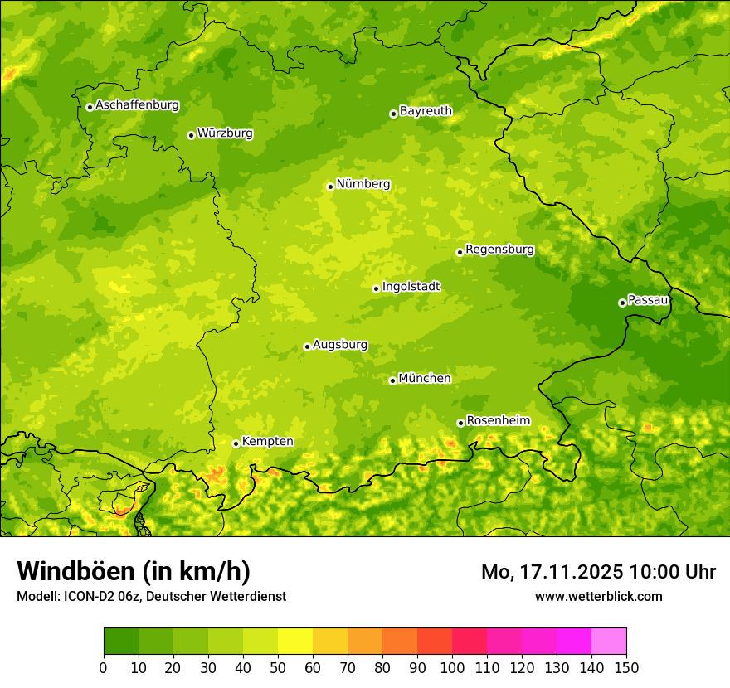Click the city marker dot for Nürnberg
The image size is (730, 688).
click(330, 187)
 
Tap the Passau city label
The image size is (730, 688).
click(648, 300)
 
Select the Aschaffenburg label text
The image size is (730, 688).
click(137, 105)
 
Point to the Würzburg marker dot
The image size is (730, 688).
click(191, 135)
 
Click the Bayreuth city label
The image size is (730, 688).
click(426, 111)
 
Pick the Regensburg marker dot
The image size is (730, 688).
click(460, 252)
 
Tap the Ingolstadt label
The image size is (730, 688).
click(411, 287)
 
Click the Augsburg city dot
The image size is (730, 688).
click(307, 346)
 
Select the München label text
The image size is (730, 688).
click(425, 379)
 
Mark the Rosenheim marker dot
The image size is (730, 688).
click(460, 423)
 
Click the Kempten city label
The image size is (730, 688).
click(267, 442)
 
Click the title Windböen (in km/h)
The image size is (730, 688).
click(134, 571)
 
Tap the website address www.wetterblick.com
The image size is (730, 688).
click(598, 596)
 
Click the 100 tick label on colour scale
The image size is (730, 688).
click(452, 668)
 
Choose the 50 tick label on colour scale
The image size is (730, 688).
click(278, 668)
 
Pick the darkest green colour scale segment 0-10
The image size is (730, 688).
click(121, 642)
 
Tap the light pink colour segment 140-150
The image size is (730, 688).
click(609, 642)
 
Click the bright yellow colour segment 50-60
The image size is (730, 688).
click(295, 642)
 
